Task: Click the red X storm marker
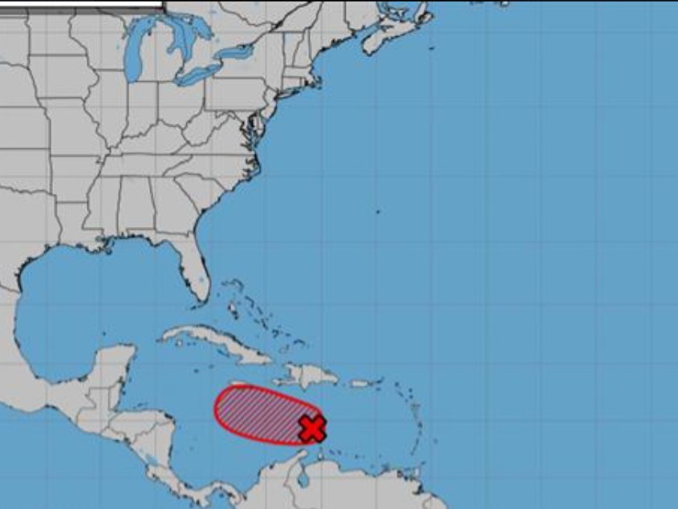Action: click(312, 429)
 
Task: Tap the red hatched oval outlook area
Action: click(257, 414)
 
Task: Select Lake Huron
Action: click(188, 44)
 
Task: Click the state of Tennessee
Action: click(136, 164)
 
